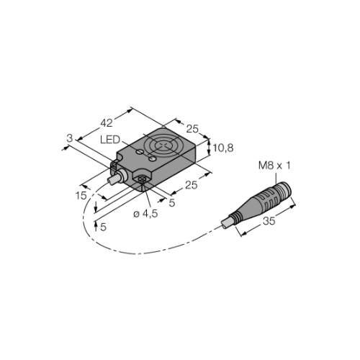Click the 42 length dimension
(107, 123)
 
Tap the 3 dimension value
(69, 138)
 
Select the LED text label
(110, 140)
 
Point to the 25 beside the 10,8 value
(192, 129)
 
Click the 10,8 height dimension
(223, 148)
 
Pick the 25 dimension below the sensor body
(192, 185)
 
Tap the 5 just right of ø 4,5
(172, 203)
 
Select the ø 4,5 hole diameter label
(145, 214)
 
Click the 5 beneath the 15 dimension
(103, 227)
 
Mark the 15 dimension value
(81, 196)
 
